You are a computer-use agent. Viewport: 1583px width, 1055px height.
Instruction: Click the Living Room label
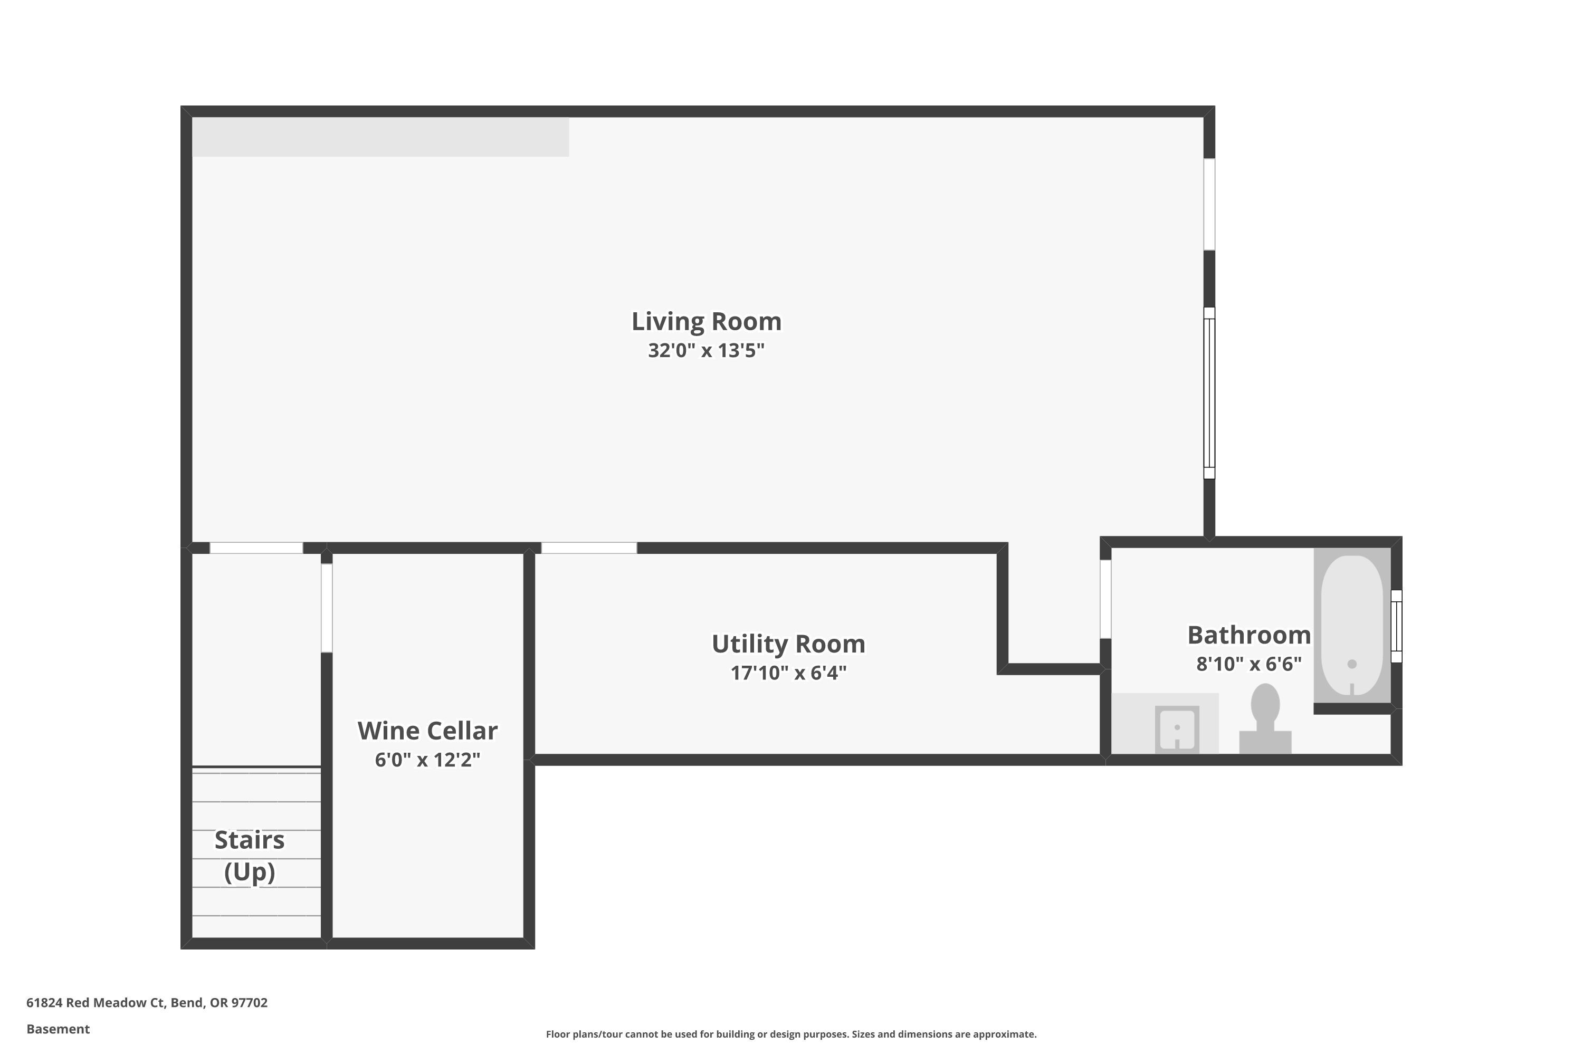click(x=706, y=322)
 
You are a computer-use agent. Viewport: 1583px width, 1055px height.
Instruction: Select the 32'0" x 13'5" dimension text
click(x=706, y=351)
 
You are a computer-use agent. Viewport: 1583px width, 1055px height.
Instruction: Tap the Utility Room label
click(x=788, y=644)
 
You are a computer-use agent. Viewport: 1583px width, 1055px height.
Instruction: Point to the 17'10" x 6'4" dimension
click(x=788, y=673)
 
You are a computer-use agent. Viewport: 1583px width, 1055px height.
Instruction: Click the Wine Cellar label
click(x=427, y=731)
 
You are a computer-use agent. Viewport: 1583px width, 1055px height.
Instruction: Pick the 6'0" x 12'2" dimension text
click(x=427, y=760)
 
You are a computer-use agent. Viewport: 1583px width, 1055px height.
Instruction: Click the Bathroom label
click(x=1248, y=635)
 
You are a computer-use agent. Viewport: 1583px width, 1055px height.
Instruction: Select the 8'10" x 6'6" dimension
click(x=1248, y=664)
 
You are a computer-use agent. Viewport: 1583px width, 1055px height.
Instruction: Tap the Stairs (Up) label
click(x=250, y=855)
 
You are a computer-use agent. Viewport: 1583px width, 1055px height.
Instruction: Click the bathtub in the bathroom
click(x=1351, y=625)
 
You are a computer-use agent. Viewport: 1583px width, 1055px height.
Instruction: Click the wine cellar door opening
click(x=327, y=608)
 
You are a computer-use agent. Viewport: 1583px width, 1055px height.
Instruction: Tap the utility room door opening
click(x=589, y=548)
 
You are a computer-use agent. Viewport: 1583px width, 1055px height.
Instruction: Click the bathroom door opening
click(x=1105, y=599)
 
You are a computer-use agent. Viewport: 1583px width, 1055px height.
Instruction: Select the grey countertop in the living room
click(x=380, y=137)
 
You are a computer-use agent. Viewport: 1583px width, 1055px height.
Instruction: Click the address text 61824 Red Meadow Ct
click(x=147, y=1003)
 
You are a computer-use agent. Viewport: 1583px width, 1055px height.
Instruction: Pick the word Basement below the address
click(x=58, y=1029)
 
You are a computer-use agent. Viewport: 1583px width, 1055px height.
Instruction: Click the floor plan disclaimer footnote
click(x=791, y=1034)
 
